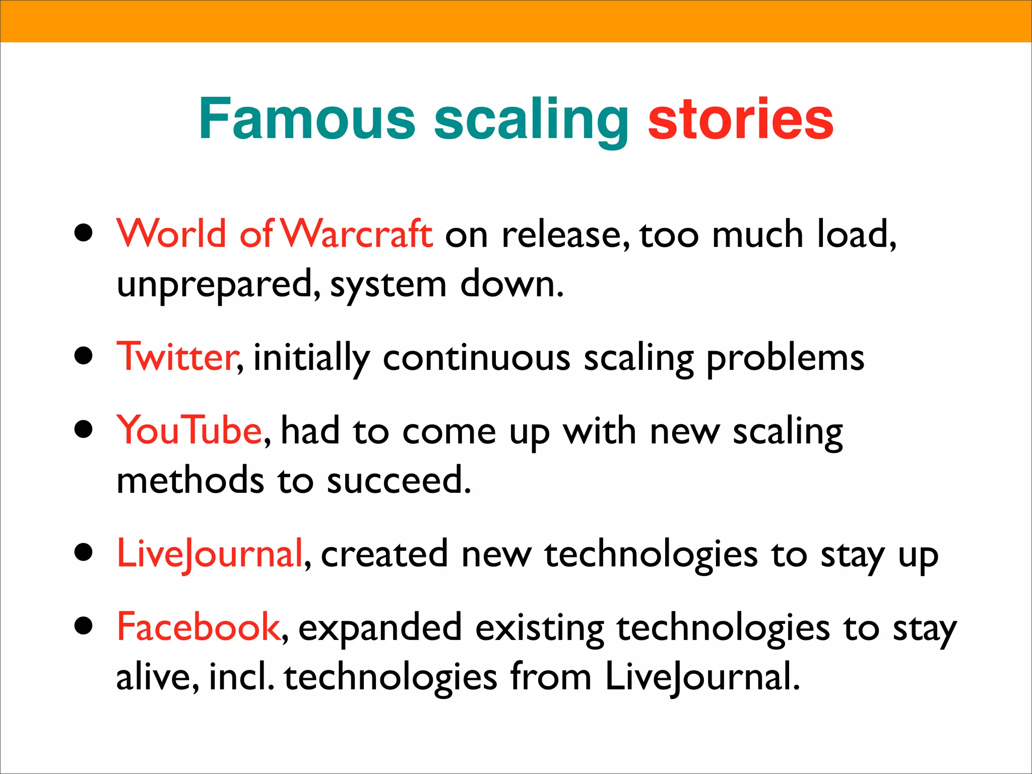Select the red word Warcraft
pyautogui.click(x=356, y=234)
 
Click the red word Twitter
pyautogui.click(x=177, y=357)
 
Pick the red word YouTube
pyautogui.click(x=189, y=430)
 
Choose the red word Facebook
pyautogui.click(x=198, y=627)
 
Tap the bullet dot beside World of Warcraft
pyautogui.click(x=84, y=233)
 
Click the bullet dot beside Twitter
pyautogui.click(x=84, y=356)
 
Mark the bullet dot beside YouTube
pyautogui.click(x=84, y=430)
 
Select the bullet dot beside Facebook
pyautogui.click(x=84, y=626)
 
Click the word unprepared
pyautogui.click(x=217, y=285)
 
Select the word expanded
pyautogui.click(x=380, y=628)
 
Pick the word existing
pyautogui.click(x=540, y=629)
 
